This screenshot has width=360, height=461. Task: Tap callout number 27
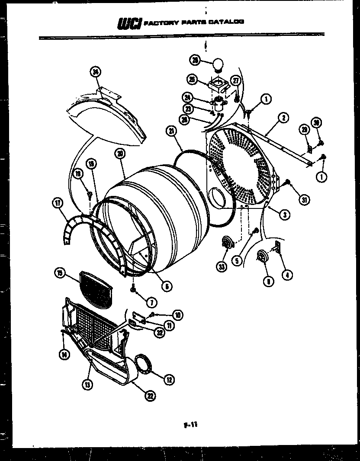pos(236,81)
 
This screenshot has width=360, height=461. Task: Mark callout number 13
pos(88,384)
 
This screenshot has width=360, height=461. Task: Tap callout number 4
pos(286,274)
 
